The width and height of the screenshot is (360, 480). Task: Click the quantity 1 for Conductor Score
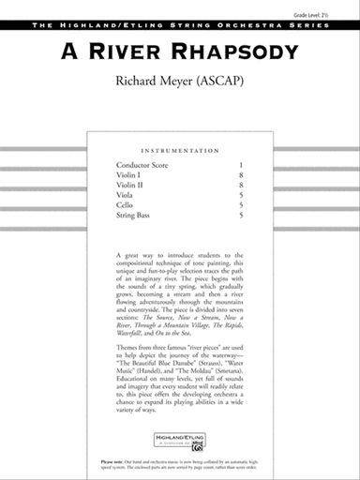tap(241, 165)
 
